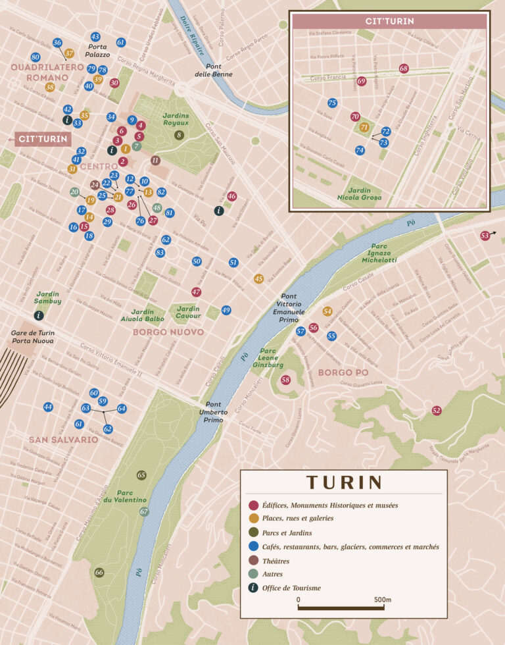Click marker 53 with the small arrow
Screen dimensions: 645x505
(485, 235)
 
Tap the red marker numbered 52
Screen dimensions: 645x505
(437, 410)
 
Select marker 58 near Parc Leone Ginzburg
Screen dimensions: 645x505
(285, 380)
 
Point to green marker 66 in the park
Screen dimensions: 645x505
(99, 572)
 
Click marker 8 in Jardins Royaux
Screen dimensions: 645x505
(179, 135)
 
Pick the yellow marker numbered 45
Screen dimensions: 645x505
(258, 278)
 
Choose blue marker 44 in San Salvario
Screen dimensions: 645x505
(48, 407)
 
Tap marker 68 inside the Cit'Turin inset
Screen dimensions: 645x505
(404, 68)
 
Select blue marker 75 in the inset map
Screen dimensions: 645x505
(332, 103)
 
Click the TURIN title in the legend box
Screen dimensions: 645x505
(343, 482)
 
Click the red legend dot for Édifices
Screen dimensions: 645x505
(253, 505)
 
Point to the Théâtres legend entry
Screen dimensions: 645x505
(276, 561)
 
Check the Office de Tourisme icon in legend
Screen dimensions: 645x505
(253, 588)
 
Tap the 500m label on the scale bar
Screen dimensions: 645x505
(381, 600)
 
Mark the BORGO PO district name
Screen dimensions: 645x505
(343, 373)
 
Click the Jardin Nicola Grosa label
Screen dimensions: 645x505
(359, 193)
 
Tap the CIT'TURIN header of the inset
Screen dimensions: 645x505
(390, 21)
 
